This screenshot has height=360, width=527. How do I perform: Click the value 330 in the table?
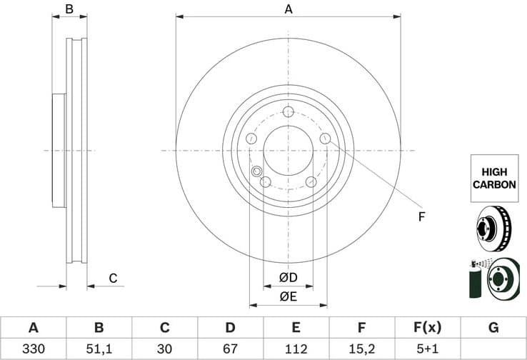coord(33,349)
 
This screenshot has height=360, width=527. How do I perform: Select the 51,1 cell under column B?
coord(99,349)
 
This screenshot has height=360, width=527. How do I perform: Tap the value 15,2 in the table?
coord(362,349)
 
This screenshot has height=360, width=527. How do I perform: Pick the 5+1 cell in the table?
coord(428,349)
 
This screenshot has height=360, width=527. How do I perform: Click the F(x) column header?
coord(428,328)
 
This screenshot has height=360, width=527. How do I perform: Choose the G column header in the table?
coord(493,328)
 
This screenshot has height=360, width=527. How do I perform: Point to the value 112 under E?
coord(296,349)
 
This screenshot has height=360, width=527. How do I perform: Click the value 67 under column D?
coord(231,349)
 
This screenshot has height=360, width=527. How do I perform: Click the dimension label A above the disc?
coord(288,9)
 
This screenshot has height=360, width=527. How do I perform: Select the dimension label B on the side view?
coord(69,9)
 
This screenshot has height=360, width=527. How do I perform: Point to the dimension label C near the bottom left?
coord(112,279)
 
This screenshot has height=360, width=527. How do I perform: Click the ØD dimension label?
coord(288,277)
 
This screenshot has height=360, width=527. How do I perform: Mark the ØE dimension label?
coord(288,296)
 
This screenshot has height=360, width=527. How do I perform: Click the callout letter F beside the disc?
coord(421,216)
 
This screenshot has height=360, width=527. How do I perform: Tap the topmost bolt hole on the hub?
coord(288,112)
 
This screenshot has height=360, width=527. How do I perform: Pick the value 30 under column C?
coord(165,349)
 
